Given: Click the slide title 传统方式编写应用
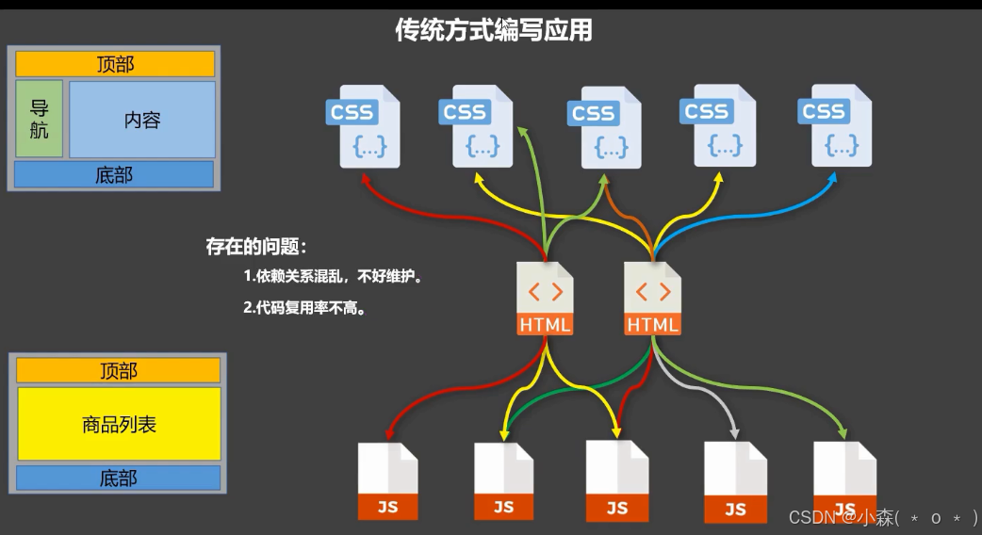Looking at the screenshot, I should [x=493, y=30].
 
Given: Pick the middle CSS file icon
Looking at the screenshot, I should [x=604, y=127].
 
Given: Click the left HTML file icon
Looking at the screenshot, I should [x=545, y=299].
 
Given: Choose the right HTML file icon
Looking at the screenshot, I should [x=652, y=299].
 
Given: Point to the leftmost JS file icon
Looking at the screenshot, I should [x=387, y=480].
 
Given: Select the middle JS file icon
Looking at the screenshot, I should [x=617, y=480].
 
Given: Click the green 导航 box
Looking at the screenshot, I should [x=39, y=119].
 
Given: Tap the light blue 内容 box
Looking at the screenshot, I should [x=141, y=120].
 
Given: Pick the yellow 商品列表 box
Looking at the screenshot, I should [x=119, y=424].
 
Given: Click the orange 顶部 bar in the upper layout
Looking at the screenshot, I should [x=115, y=64].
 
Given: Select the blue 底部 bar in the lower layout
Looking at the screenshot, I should [x=119, y=478].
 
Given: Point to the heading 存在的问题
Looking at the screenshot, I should [x=256, y=248].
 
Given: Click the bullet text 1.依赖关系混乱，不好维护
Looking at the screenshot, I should [x=332, y=277].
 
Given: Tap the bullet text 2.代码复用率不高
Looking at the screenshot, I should [x=303, y=307].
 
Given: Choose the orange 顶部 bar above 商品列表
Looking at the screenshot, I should [x=119, y=371].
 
